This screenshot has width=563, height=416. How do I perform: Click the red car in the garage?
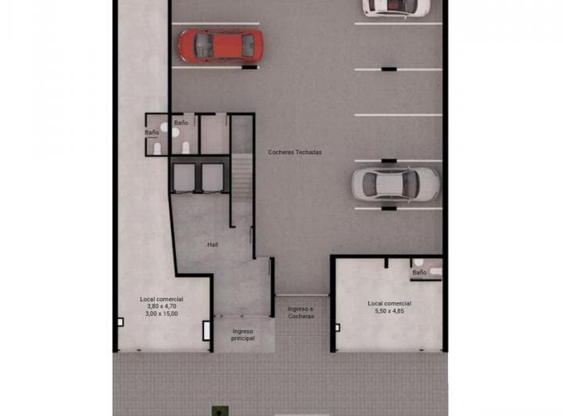pos(220,45)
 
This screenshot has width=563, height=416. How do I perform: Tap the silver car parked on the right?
pos(395,184)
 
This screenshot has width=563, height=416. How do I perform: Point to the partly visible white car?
pos(396,7)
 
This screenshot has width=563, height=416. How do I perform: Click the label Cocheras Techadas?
pos(295,152)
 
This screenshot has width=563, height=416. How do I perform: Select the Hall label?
pos(213,245)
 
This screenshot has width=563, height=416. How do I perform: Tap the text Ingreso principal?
pos(243,334)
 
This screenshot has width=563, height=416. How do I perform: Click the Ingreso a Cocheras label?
pos(300,312)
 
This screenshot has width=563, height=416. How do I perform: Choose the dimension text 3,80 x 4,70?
pos(162,306)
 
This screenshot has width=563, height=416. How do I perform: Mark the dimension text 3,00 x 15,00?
pos(162,314)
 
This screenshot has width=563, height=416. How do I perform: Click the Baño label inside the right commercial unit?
pos(419,272)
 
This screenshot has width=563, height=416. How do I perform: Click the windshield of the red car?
pos(236,45)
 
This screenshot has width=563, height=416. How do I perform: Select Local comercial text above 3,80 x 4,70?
pos(162,299)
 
